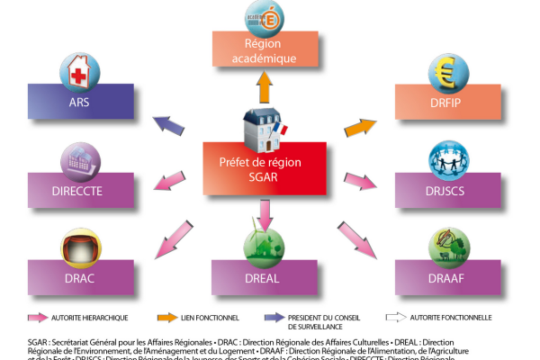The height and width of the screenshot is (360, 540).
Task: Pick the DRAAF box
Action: [x=446, y=278]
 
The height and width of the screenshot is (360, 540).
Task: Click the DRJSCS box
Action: [x=447, y=191]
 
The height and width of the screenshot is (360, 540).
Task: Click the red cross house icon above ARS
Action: [x=79, y=71]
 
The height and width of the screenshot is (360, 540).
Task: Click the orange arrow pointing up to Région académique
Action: [x=264, y=88]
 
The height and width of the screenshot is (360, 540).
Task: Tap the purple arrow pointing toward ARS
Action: [x=168, y=125]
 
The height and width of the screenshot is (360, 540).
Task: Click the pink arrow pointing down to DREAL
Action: [x=264, y=215]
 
